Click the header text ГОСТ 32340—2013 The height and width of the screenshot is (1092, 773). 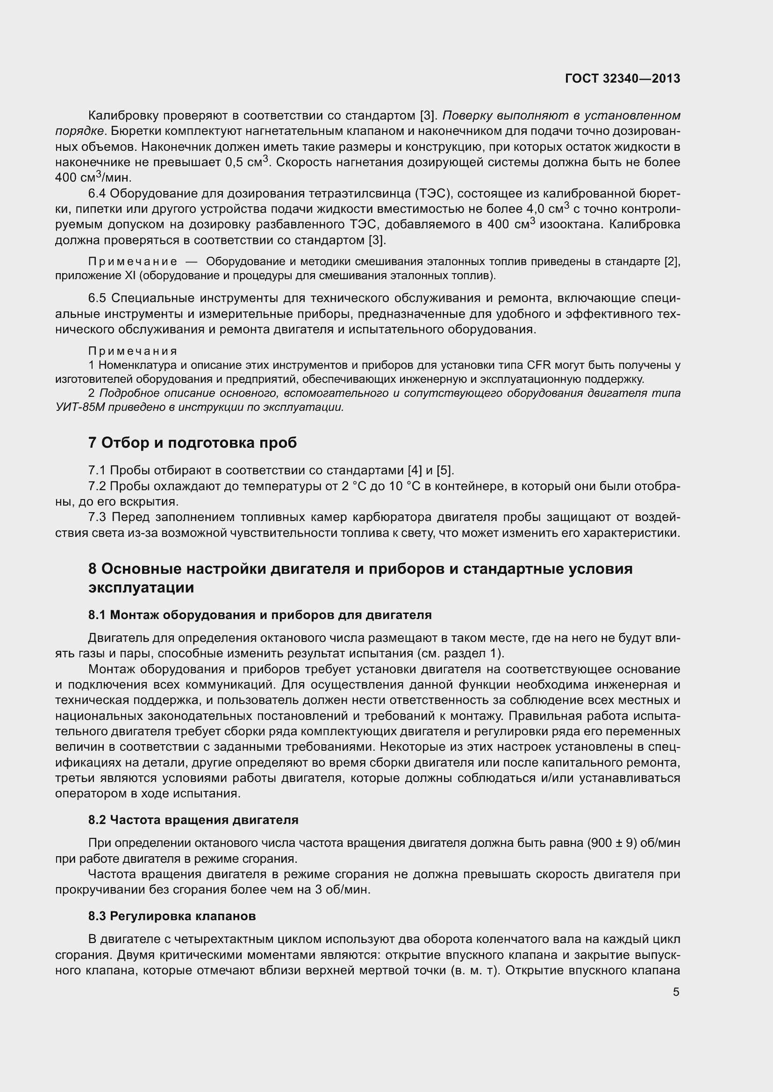623,79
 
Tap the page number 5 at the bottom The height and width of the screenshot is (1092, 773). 676,992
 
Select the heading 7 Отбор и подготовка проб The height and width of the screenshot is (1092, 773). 192,443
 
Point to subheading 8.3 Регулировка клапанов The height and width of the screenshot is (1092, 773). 172,916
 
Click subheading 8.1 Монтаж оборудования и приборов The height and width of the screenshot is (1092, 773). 260,615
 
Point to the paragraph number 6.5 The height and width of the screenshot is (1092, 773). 98,298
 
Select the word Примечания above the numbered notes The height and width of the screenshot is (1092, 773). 133,351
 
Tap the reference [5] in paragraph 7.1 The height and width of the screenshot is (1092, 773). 445,471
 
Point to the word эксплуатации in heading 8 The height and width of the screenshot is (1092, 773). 141,587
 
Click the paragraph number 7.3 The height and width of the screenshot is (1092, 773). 98,517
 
